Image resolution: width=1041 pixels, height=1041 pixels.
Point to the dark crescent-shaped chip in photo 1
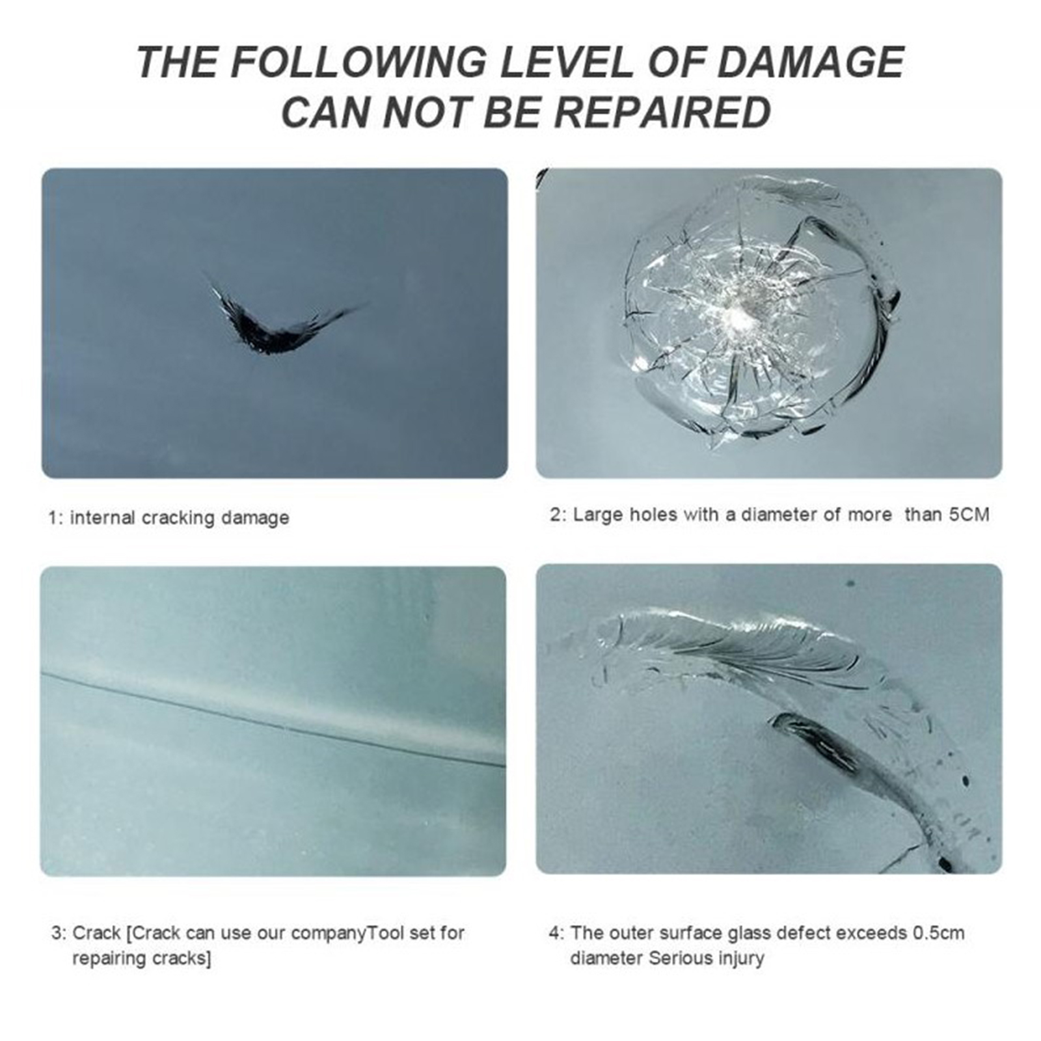273,329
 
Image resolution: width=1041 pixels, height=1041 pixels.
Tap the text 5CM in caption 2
969,515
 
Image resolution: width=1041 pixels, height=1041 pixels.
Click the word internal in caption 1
103,518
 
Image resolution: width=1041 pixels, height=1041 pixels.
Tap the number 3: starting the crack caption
59,933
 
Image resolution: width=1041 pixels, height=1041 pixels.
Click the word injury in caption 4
740,959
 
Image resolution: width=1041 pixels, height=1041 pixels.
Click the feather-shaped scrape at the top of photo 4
735,644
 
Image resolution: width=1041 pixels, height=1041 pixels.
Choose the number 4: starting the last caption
556,933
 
